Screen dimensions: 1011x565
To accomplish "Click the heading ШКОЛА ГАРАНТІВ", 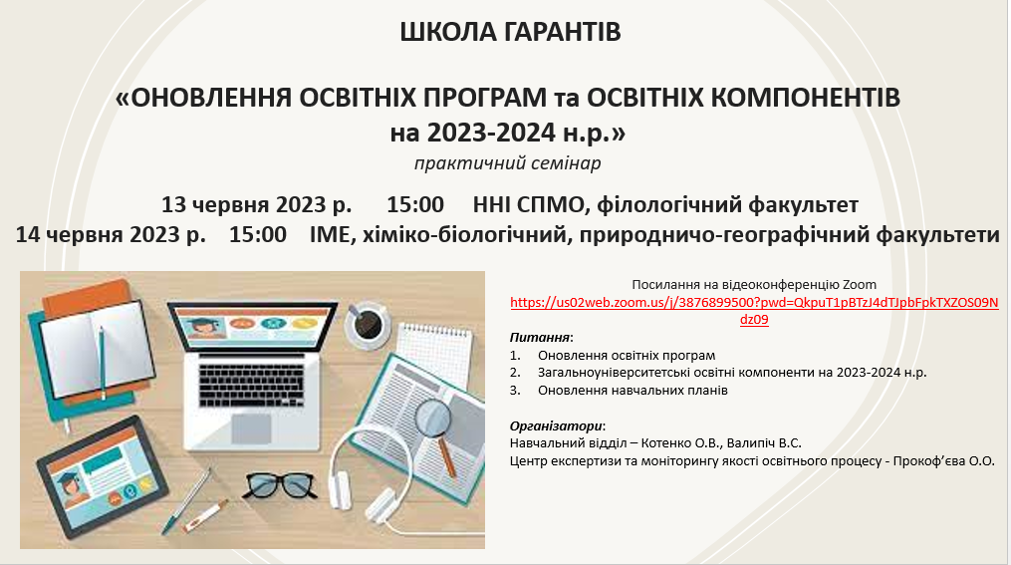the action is coord(510,32).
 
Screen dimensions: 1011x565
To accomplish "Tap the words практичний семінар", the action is coord(507,163).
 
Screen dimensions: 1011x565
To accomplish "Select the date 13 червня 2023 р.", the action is coord(257,204).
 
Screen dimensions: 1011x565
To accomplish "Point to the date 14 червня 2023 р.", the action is coord(111,234).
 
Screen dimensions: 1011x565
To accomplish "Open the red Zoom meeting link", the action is coord(754,311).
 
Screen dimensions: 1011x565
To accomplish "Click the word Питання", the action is coord(540,338).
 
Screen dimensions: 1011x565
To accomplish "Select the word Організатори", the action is coord(556,425).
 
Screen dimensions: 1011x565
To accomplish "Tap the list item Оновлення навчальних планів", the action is coord(632,391).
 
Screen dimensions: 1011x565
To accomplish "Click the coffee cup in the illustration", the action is coord(368,324).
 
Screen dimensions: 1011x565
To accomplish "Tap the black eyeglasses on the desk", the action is coord(280,485).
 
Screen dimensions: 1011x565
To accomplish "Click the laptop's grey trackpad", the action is coord(251,428).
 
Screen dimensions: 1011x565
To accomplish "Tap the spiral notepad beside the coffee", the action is coord(433,347).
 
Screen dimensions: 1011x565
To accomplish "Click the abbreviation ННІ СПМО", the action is coord(528,204).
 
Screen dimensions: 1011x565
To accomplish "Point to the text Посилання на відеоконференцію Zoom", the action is coord(754,284).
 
